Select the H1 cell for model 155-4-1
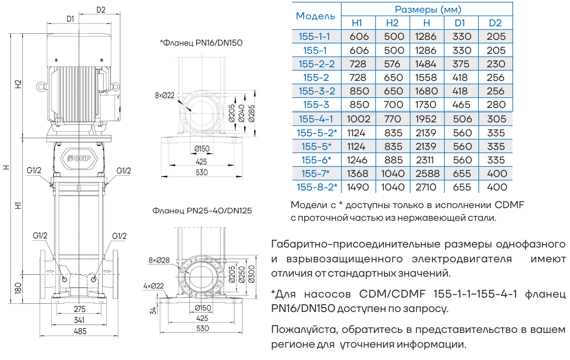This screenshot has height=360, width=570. (x=359, y=119)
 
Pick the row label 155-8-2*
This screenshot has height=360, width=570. (x=317, y=187)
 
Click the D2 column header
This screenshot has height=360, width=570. (x=495, y=23)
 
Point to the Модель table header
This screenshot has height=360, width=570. (x=315, y=16)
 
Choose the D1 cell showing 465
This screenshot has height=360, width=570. (x=461, y=105)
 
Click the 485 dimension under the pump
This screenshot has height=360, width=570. (x=80, y=331)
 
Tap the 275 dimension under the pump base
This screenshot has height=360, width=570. (x=80, y=309)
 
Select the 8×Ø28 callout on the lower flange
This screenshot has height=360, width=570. (x=159, y=260)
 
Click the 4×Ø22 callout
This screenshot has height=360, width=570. (x=154, y=286)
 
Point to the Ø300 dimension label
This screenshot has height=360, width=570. (x=252, y=274)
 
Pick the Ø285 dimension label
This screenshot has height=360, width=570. (x=252, y=114)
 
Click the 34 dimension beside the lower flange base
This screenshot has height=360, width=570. (x=153, y=310)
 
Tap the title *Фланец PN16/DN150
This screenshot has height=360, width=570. (x=201, y=43)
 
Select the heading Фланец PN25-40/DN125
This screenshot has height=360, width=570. (x=202, y=211)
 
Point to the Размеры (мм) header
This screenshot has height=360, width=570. (x=427, y=9)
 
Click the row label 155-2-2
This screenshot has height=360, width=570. (x=317, y=64)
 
